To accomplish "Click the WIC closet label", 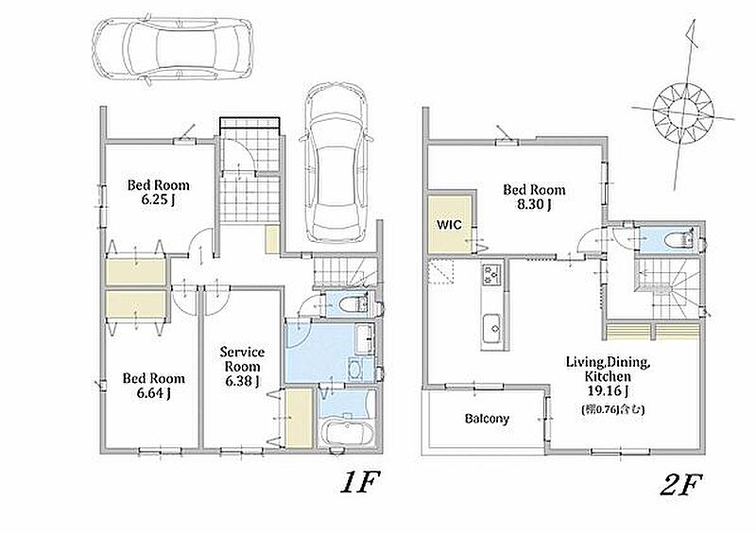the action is point(450,225).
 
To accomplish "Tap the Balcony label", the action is point(487,419).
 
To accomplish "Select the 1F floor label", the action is point(361,483).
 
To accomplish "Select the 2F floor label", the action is point(681,484).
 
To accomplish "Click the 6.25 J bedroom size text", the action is point(158,199).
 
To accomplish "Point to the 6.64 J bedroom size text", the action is point(153,393).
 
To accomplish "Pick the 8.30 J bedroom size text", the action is point(534,204).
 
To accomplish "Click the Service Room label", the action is point(242,359).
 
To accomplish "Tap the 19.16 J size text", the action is point(608,390).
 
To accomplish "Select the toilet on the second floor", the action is point(679,240).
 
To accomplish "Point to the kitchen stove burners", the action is point(491,273).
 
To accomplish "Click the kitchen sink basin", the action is point(491,329).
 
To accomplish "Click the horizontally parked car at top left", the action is point(172,48).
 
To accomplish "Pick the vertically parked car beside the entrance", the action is point(336,163).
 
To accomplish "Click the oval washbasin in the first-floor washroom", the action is point(355,369).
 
